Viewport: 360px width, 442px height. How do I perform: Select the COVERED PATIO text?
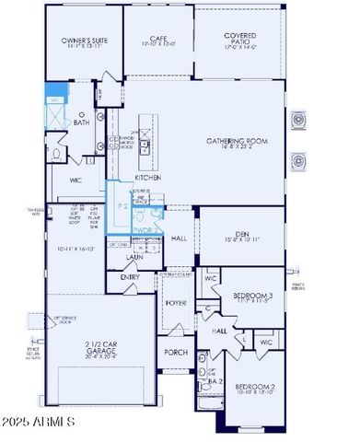tap(239, 39)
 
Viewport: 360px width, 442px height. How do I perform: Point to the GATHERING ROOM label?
tap(237, 141)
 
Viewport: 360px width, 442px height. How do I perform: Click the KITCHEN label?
tap(148, 177)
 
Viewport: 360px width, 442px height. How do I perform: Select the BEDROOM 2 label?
tap(254, 386)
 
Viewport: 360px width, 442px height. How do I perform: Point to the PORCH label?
tap(175, 353)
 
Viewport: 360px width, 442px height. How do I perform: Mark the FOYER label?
tap(175, 302)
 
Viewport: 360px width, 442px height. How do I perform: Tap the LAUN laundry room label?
tap(134, 259)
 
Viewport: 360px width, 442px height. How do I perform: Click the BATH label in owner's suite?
tap(81, 122)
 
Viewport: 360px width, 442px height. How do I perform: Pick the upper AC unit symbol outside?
tap(298, 120)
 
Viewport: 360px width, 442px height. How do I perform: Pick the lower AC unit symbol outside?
tap(298, 162)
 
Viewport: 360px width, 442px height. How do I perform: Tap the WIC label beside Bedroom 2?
tap(265, 342)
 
